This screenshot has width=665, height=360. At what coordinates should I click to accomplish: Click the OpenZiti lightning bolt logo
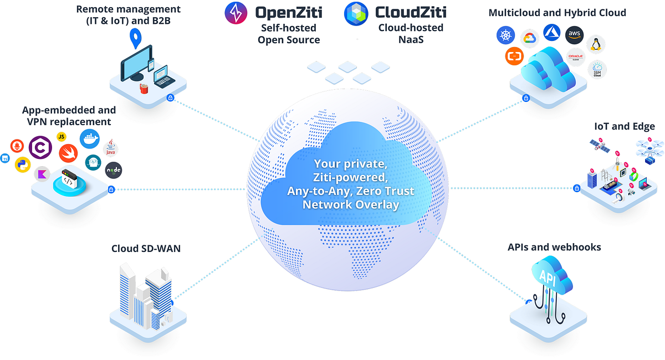(x=236, y=13)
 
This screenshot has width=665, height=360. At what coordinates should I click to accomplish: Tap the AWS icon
(x=575, y=34)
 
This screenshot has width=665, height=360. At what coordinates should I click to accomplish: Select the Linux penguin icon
(x=596, y=44)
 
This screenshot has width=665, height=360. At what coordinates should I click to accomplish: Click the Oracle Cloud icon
(x=577, y=58)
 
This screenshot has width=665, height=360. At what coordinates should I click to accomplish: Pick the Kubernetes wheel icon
(x=505, y=37)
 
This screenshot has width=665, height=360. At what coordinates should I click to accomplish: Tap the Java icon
(x=111, y=148)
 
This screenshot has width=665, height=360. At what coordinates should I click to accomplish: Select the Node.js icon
(x=113, y=171)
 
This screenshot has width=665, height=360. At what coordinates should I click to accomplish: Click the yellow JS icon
(x=62, y=136)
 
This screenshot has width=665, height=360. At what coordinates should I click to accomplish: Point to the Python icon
(x=22, y=164)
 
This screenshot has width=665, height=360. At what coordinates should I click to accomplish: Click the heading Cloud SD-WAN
(x=146, y=249)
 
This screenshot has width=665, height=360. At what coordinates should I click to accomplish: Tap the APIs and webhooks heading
(x=554, y=247)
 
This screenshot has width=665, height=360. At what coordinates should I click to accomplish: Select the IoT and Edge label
(x=625, y=126)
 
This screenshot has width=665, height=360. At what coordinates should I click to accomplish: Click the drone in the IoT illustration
(x=648, y=149)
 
